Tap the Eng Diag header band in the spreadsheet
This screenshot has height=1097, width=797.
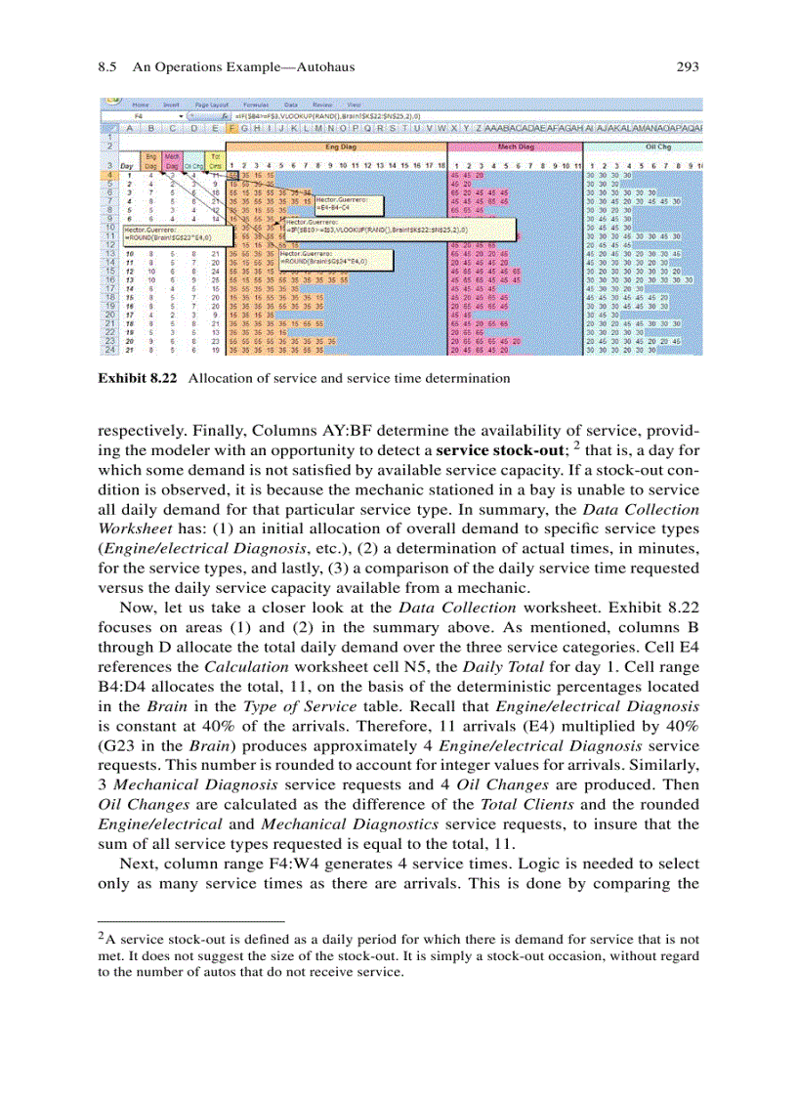[x=335, y=146]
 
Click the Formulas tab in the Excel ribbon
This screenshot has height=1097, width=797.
[x=255, y=103]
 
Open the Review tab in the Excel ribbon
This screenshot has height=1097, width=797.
[x=321, y=103]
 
